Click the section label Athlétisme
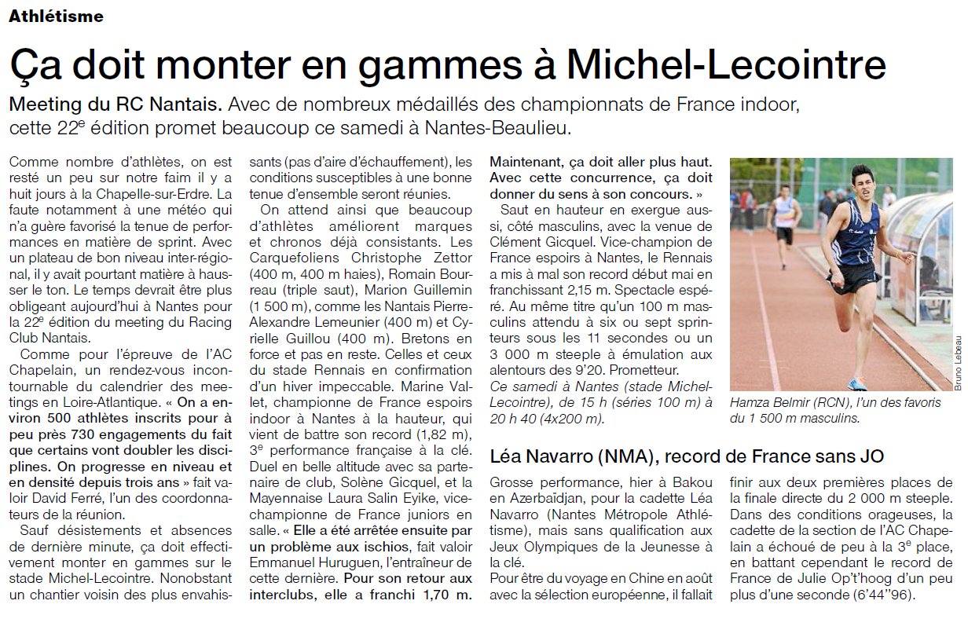[x=56, y=16]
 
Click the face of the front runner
[x=861, y=185]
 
